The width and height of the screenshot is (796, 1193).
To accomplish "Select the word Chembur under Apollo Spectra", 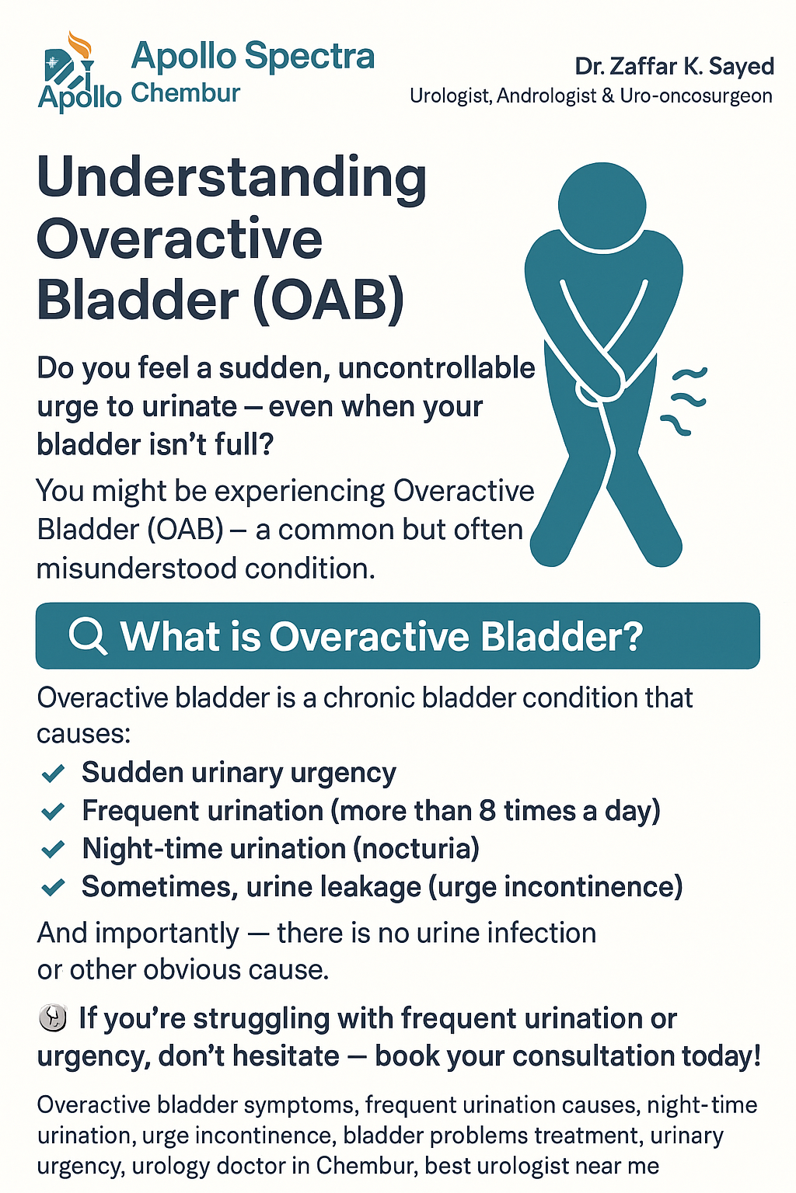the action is pos(186,93).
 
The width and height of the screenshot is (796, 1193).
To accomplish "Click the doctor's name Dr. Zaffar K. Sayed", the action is pos(674,67).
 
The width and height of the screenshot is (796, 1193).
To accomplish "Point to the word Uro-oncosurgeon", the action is pos(696,96).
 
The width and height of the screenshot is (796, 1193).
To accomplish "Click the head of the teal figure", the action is pos(602,206).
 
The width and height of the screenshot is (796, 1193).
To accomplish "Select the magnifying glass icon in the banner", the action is pos(87,635).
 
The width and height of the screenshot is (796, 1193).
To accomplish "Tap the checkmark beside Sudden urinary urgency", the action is pos(54,773).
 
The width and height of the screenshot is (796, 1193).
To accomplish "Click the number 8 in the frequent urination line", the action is pos(487,811).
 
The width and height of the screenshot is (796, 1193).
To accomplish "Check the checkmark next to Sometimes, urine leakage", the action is pos(54,888).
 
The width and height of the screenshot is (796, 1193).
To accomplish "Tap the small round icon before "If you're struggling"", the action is pos(53,1018).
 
